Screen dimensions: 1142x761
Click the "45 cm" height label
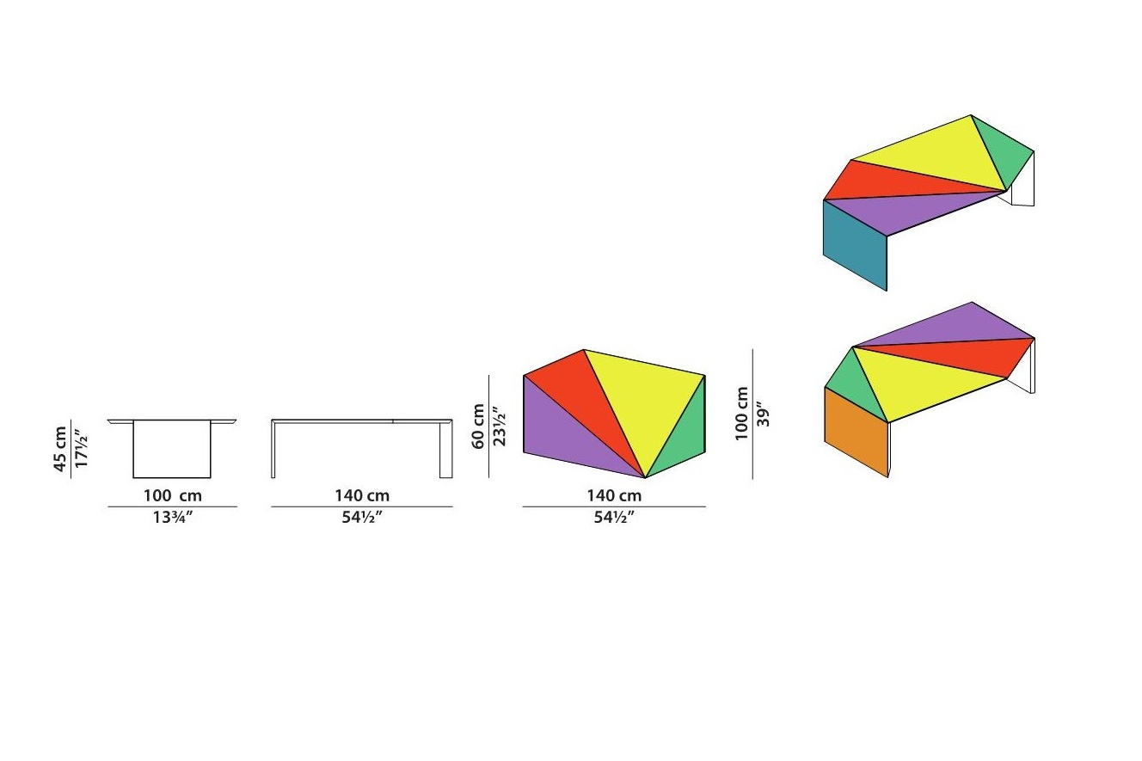coord(59,449)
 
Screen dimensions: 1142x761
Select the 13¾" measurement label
coord(173,518)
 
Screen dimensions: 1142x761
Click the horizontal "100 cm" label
coord(172,495)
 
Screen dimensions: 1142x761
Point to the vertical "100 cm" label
coord(741,414)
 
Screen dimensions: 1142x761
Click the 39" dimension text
coord(763,414)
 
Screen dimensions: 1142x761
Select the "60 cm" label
coord(478,427)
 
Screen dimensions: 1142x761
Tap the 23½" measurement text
coord(499,427)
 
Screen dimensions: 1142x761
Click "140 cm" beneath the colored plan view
coord(614,495)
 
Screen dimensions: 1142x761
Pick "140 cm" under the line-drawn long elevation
coord(362,495)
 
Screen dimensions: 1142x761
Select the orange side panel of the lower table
coord(856,432)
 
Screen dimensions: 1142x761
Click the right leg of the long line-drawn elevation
coord(446,449)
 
